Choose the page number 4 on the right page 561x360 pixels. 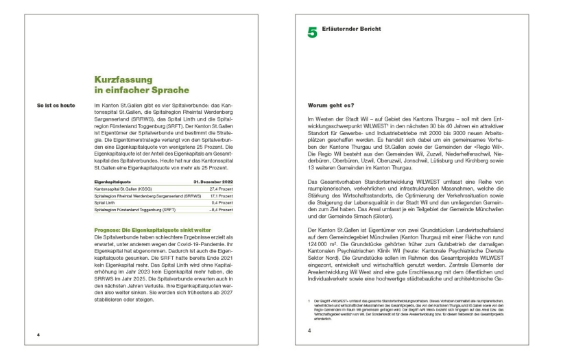[309, 331]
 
